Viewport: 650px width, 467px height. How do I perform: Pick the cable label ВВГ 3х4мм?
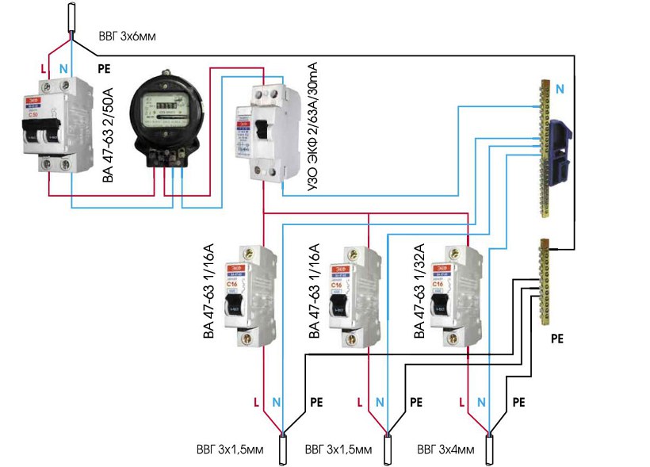click(x=446, y=450)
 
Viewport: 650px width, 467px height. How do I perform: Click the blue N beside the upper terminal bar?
click(x=560, y=90)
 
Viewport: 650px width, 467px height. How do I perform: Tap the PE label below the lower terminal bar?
click(x=556, y=337)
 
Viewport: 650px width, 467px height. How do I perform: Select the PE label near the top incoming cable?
click(x=103, y=69)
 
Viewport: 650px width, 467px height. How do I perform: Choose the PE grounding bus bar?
click(x=546, y=281)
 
